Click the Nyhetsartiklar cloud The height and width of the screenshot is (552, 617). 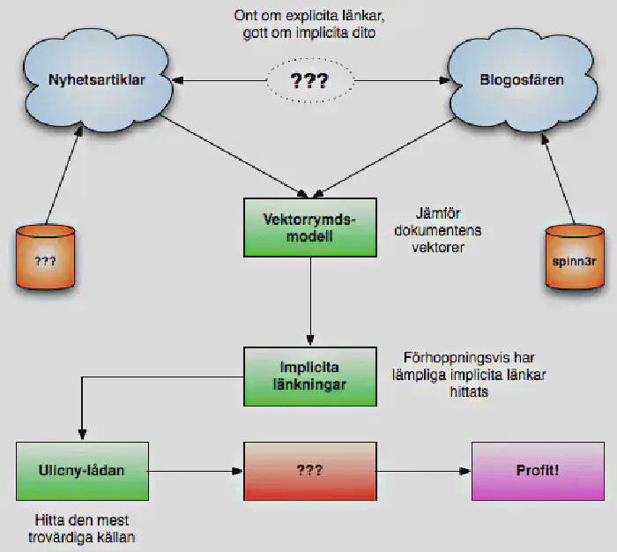pyautogui.click(x=97, y=79)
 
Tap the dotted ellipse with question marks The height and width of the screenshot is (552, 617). pyautogui.click(x=309, y=82)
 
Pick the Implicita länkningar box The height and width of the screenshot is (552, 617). pyautogui.click(x=310, y=376)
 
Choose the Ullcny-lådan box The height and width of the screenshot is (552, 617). pyautogui.click(x=83, y=471)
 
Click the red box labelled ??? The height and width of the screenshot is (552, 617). pyautogui.click(x=309, y=472)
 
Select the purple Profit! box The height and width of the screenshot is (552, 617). pyautogui.click(x=538, y=471)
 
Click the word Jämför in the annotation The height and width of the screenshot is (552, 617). pyautogui.click(x=437, y=214)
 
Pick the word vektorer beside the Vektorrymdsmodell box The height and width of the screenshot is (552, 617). pyautogui.click(x=437, y=248)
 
